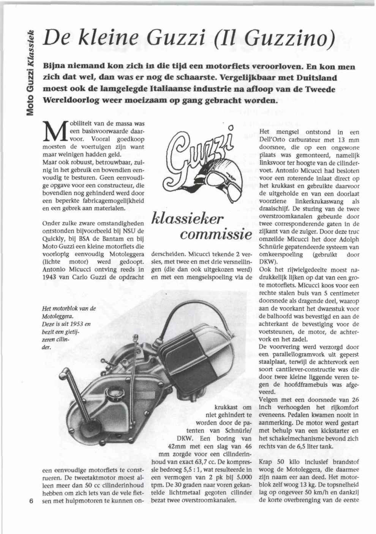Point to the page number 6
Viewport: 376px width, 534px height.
pos(31,500)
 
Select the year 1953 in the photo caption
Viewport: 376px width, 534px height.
pos(76,324)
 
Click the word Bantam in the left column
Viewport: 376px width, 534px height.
pos(114,239)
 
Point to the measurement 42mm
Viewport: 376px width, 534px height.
pos(177,447)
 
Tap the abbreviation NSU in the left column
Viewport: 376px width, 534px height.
pos(129,231)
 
